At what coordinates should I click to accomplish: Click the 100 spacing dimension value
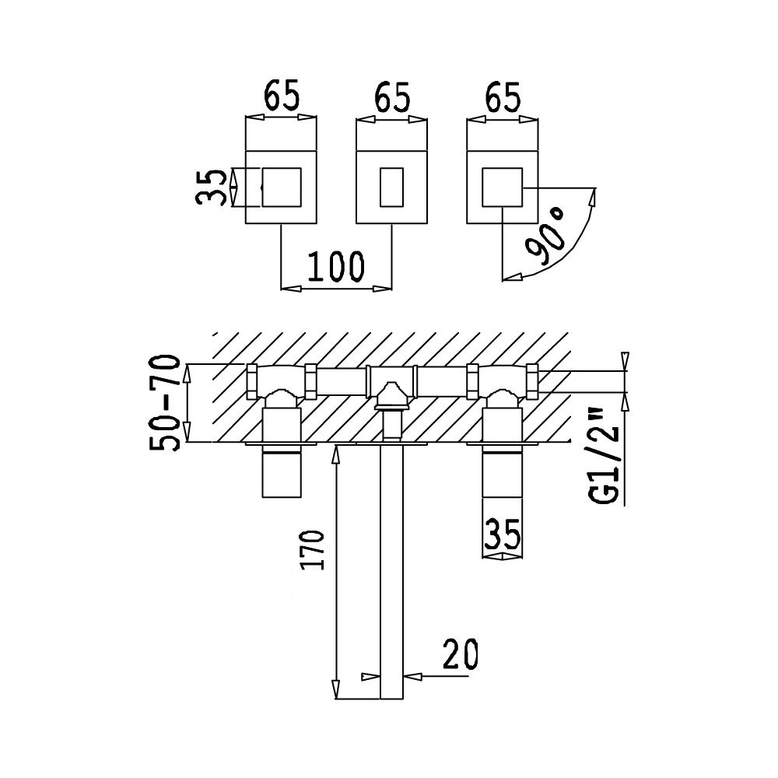click(x=336, y=266)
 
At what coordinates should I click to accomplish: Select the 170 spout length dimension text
click(x=314, y=550)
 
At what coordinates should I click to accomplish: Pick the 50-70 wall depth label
click(x=163, y=402)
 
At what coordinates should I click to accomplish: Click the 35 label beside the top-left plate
click(x=211, y=187)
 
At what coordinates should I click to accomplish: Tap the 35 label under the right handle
click(x=502, y=534)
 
